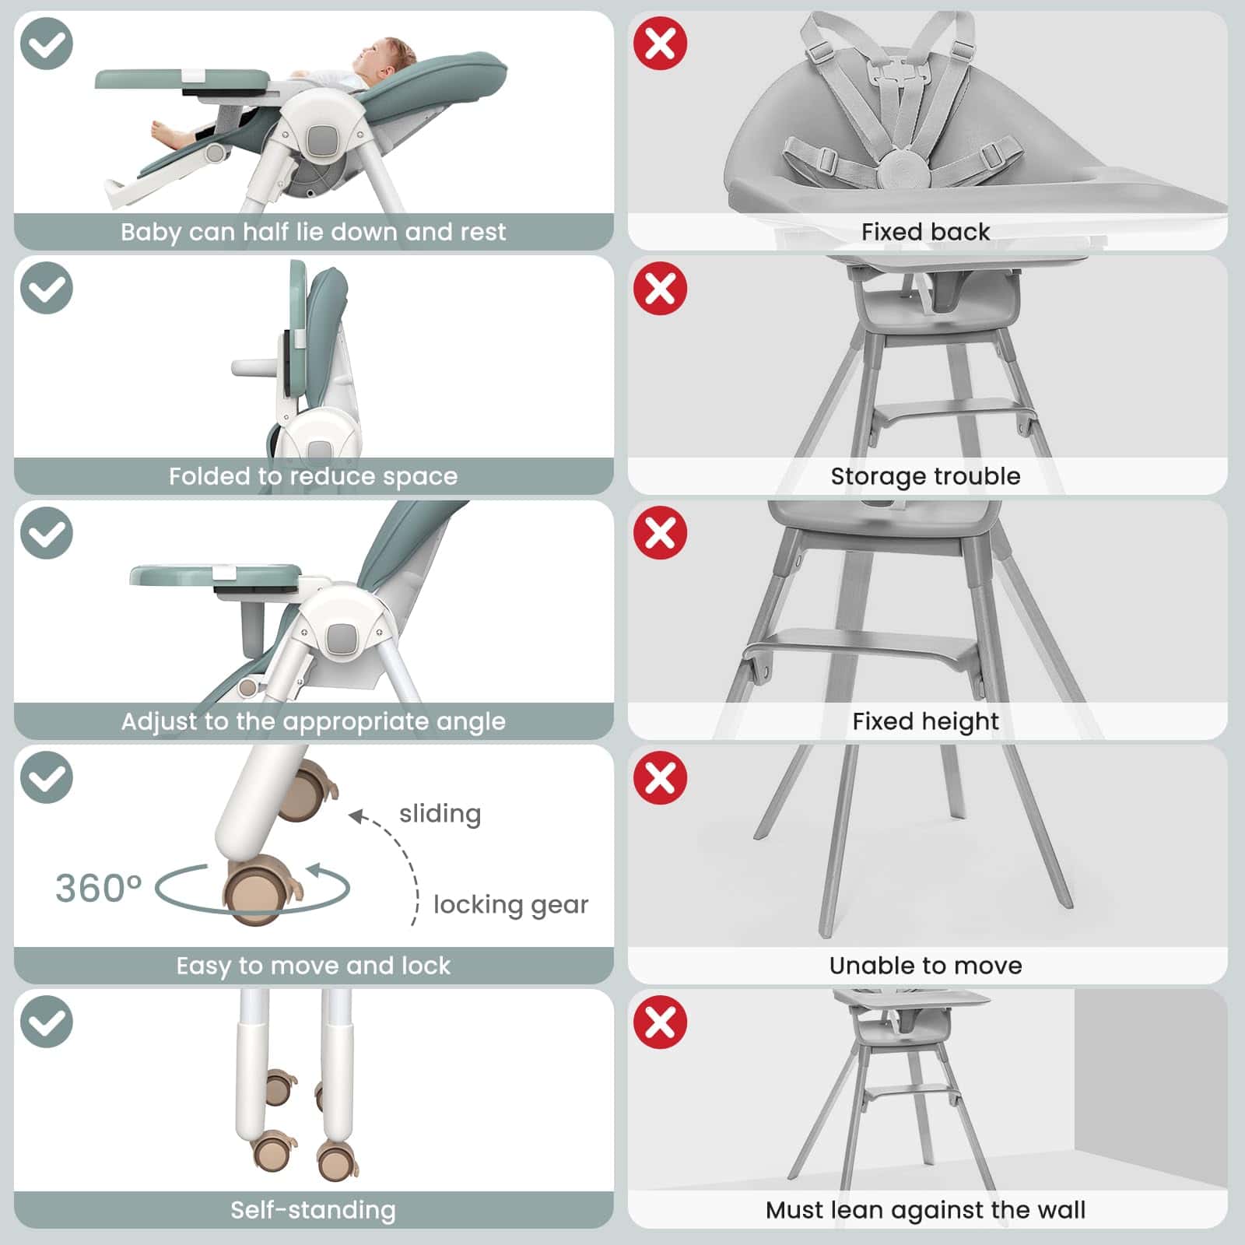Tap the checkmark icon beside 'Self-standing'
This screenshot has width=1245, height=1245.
coord(47,1022)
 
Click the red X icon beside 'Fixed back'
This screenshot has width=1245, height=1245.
coord(660,44)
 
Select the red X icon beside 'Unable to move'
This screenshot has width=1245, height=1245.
coord(660,777)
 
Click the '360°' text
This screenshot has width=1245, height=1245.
coord(98,888)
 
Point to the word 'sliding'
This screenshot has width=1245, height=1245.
coord(440,814)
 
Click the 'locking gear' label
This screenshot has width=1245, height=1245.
coord(510,905)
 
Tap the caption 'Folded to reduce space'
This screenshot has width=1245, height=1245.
coord(313,476)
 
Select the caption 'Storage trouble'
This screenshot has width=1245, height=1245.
coord(925,476)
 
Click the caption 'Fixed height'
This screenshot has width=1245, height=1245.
coord(925,721)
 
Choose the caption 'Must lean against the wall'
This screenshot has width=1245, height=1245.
coord(925,1210)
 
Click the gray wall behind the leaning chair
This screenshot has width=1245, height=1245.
coord(1150,1089)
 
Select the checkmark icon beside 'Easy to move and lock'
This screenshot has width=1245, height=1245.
coord(47,777)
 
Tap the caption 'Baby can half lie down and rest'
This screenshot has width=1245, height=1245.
coord(313,232)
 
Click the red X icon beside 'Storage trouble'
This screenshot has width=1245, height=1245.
coord(660,289)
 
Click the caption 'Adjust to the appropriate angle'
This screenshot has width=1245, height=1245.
coord(313,721)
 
